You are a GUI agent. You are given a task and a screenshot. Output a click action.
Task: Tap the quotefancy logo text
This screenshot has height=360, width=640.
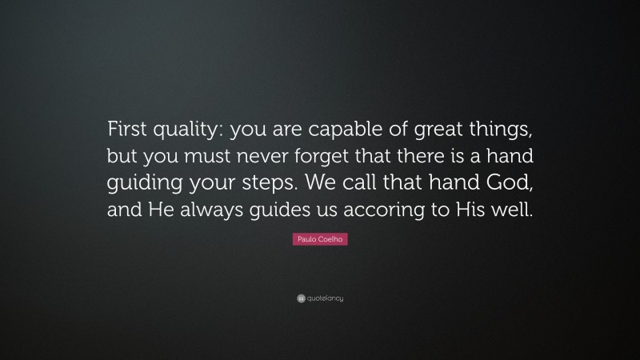pos(326,298)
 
